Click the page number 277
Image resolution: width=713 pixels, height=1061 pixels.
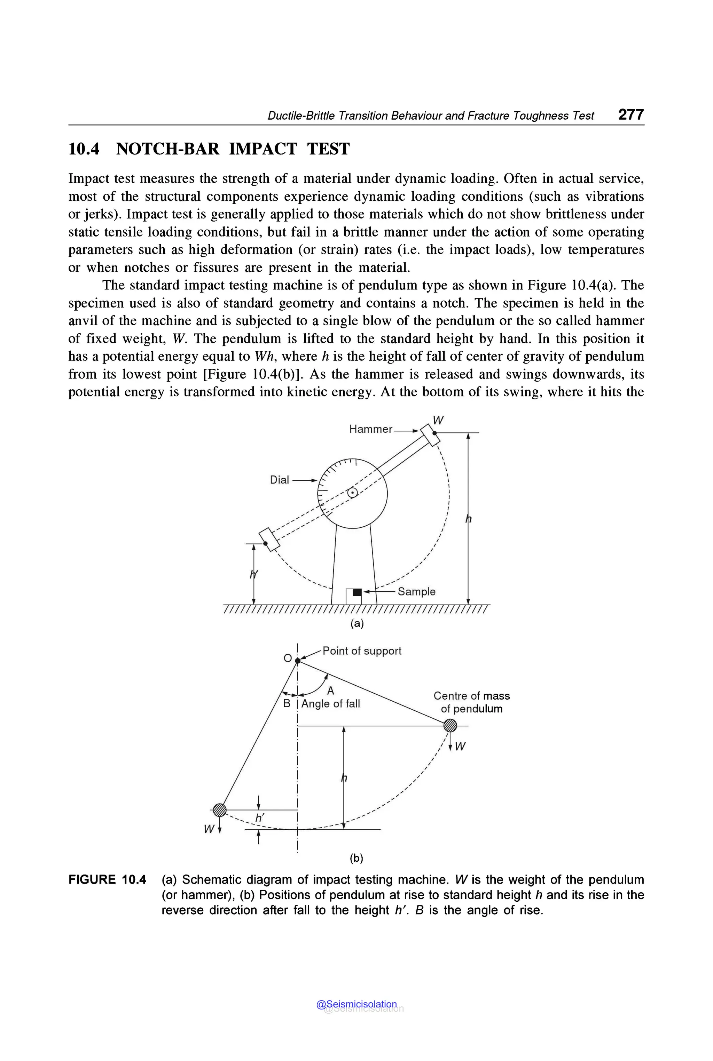click(631, 114)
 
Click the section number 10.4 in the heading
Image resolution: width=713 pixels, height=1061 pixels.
click(84, 149)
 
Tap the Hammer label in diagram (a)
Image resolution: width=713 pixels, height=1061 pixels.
click(370, 429)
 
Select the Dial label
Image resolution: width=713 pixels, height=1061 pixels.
click(279, 480)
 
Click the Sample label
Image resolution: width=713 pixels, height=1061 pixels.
click(416, 592)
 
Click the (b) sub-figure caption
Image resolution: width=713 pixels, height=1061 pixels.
click(356, 858)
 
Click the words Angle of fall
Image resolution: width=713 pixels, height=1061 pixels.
click(331, 704)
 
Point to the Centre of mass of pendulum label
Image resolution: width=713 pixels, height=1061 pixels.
click(471, 702)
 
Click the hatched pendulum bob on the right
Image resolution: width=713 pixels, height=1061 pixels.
click(450, 725)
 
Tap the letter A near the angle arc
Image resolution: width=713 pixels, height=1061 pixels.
click(331, 691)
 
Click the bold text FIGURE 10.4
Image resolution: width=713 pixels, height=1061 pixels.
click(107, 880)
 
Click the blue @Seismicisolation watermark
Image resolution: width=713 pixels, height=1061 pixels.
click(356, 1004)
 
